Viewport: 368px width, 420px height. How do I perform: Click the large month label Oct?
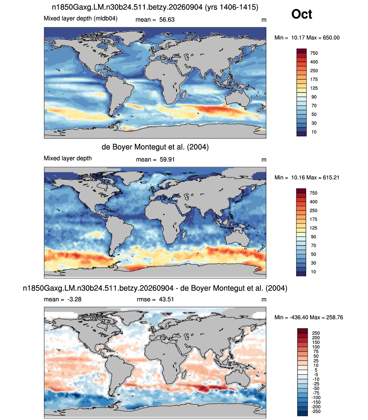pyautogui.click(x=302, y=14)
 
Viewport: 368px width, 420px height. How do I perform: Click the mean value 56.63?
pyautogui.click(x=167, y=20)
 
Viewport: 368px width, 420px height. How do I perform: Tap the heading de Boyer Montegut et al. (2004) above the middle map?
pyautogui.click(x=155, y=147)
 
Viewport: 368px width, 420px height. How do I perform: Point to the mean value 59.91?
pyautogui.click(x=167, y=159)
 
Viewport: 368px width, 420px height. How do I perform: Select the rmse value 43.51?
pyautogui.click(x=166, y=299)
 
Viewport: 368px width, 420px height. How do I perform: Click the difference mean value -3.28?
pyautogui.click(x=74, y=299)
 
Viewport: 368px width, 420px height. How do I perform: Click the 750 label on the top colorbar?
pyautogui.click(x=314, y=53)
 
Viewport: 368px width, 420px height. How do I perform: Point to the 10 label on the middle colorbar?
pyautogui.click(x=313, y=272)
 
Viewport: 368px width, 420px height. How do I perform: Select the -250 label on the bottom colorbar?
pyautogui.click(x=316, y=411)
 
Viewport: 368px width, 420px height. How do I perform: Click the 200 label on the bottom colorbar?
pyautogui.click(x=316, y=337)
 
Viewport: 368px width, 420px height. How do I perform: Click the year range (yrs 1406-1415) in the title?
pyautogui.click(x=231, y=7)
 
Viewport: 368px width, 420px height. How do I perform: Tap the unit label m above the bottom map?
pyautogui.click(x=264, y=300)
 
